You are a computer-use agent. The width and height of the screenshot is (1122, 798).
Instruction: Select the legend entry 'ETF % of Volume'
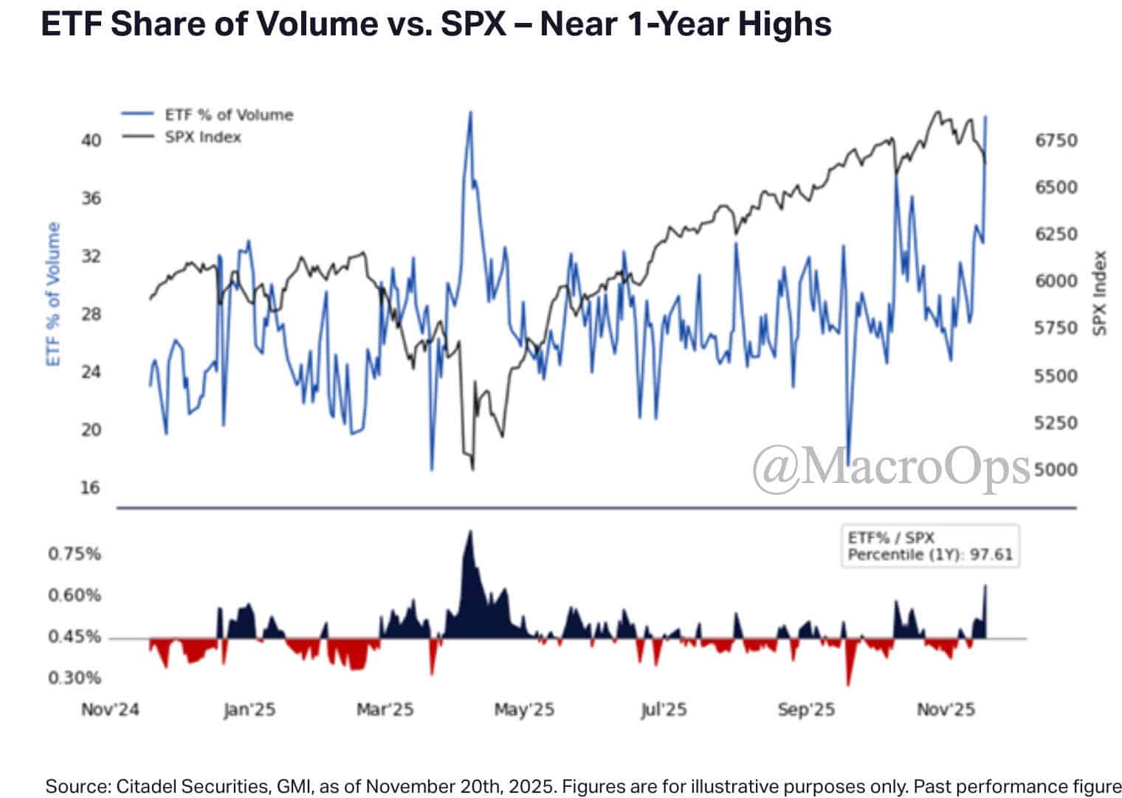[228, 115]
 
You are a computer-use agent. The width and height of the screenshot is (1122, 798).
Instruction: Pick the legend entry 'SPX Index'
[203, 137]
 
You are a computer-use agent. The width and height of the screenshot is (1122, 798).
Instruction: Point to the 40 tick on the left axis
[91, 140]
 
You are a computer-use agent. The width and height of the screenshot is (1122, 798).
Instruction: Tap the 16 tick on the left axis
[90, 488]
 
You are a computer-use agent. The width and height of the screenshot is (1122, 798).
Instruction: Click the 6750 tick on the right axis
[1056, 140]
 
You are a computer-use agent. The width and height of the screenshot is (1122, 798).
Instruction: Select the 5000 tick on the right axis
[1056, 470]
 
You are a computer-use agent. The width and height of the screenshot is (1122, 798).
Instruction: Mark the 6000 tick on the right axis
[1056, 281]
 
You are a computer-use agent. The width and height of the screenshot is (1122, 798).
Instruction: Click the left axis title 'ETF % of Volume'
[53, 294]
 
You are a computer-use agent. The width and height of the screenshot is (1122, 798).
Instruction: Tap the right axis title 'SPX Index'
[1100, 293]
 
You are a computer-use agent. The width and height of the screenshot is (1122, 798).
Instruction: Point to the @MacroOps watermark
[891, 468]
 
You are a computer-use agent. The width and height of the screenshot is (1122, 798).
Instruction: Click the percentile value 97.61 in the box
[991, 555]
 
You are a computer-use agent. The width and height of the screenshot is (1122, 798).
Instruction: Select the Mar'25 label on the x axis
[385, 709]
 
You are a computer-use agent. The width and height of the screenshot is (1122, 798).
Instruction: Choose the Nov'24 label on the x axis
[110, 709]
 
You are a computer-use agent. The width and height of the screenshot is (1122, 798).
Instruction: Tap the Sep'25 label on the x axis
[806, 709]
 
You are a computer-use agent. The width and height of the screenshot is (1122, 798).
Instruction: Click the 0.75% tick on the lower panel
[75, 554]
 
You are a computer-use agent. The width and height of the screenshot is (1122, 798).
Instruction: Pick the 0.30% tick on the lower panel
[75, 678]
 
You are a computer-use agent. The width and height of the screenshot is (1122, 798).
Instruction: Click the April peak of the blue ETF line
[470, 113]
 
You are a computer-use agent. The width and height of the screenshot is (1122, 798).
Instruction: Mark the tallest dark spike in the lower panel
[469, 532]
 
